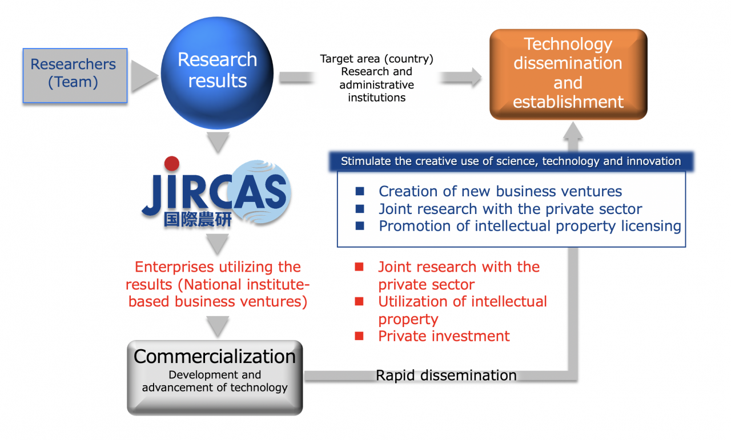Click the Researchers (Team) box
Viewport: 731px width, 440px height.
(75, 75)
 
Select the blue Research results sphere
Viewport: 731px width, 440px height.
(218, 72)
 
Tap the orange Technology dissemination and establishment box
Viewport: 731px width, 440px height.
(568, 74)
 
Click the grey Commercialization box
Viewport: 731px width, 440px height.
(215, 378)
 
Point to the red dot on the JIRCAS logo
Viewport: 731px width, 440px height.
(172, 164)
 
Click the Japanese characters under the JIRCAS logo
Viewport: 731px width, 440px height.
(198, 219)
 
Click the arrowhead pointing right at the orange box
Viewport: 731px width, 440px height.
(476, 77)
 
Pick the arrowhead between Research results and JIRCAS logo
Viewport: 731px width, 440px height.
(218, 142)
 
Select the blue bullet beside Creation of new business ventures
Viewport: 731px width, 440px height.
(360, 191)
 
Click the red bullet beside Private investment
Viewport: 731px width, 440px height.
(359, 336)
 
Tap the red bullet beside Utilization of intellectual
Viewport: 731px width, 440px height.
(359, 301)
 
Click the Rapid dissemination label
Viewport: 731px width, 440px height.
(446, 376)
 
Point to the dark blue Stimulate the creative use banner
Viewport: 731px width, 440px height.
(511, 161)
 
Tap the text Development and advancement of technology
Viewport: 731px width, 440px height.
(215, 381)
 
